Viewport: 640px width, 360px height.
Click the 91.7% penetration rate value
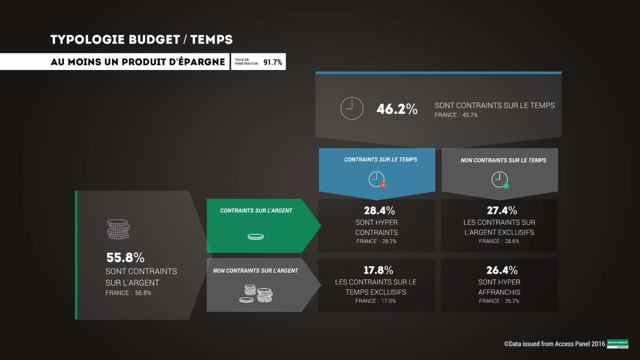(273, 62)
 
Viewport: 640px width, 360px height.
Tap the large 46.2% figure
(397, 109)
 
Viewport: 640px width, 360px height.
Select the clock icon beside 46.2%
(352, 108)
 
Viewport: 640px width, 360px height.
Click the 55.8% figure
(125, 258)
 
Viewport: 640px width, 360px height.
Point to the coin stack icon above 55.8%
(118, 229)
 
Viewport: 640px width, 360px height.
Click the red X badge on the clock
(383, 185)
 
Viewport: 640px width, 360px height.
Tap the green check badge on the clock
(506, 186)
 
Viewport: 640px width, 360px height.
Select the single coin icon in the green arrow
(256, 237)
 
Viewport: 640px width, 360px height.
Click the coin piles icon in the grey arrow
(256, 293)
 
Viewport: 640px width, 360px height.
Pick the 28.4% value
(379, 211)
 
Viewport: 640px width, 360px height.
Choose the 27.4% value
(502, 211)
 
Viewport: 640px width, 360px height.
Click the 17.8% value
(378, 270)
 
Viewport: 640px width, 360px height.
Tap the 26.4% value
(502, 270)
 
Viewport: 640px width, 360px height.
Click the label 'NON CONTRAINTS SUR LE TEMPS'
(503, 160)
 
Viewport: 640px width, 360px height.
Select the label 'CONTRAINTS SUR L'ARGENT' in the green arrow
(256, 211)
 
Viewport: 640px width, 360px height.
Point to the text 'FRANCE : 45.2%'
(456, 115)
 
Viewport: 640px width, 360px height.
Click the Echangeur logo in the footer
(617, 344)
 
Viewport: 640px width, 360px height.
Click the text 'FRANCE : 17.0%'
(375, 301)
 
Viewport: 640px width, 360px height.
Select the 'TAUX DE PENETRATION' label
(246, 62)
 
